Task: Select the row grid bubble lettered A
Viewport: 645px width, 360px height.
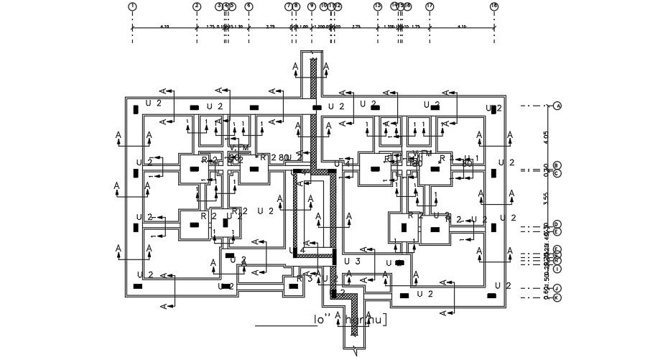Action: pyautogui.click(x=557, y=106)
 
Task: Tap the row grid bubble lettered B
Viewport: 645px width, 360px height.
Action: pyautogui.click(x=557, y=165)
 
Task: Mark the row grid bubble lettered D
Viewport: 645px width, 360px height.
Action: pyautogui.click(x=557, y=225)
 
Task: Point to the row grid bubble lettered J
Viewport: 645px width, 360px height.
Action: pyautogui.click(x=557, y=288)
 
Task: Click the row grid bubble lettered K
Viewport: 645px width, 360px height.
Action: pyautogui.click(x=557, y=297)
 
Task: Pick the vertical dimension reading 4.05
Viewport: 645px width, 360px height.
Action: pyautogui.click(x=547, y=135)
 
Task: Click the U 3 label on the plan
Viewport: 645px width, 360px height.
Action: pyautogui.click(x=352, y=260)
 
